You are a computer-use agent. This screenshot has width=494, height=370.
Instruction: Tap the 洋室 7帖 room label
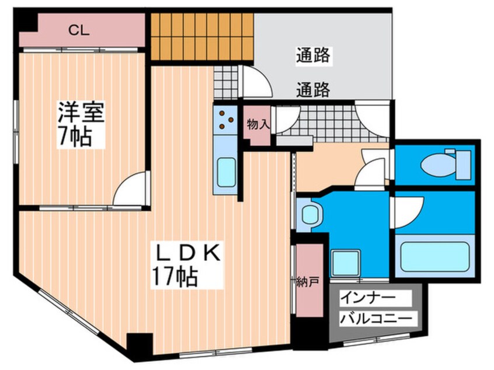click(x=81, y=124)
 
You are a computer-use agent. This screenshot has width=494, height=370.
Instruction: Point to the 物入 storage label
click(x=257, y=124)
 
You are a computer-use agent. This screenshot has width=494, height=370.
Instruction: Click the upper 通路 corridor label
click(x=313, y=56)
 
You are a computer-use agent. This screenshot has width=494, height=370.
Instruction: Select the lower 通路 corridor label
click(x=313, y=90)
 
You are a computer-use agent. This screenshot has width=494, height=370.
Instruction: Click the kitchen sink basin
click(x=225, y=171)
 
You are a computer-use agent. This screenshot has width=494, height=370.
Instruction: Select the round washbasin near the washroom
click(x=309, y=215)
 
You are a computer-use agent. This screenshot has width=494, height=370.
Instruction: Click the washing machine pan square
click(x=346, y=263)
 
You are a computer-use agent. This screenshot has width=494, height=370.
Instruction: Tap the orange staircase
click(x=202, y=37)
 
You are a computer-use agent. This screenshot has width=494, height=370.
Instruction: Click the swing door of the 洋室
click(x=130, y=191)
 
